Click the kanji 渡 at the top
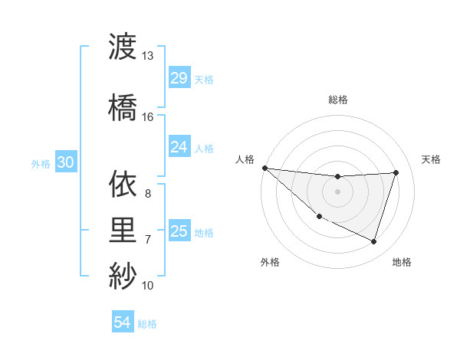pos(123,47)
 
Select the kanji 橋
pos(123,107)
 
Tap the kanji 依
pos(123,184)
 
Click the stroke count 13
pos(148,56)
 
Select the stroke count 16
pos(148,116)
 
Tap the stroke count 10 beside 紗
pos(148,286)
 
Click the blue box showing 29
pos(179,78)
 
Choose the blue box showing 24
pos(179,147)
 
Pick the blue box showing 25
pos(179,231)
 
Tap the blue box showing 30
pos(65,162)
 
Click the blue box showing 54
pos(122,322)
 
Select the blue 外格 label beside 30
pos(41,163)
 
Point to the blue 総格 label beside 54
pos(147,324)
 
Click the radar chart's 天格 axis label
pos(432,159)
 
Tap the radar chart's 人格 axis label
pos(245,159)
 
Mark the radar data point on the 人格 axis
pos(264,168)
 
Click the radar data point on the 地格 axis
pos(373,242)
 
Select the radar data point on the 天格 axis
pos(396,172)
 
